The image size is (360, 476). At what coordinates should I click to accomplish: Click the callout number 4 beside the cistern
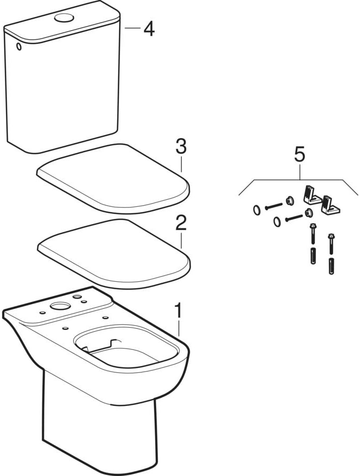pyautogui.click(x=149, y=29)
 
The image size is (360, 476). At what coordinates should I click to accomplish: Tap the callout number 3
pyautogui.click(x=181, y=147)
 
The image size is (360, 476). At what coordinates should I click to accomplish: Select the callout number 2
pyautogui.click(x=181, y=223)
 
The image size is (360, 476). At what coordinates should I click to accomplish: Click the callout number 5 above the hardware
pyautogui.click(x=300, y=155)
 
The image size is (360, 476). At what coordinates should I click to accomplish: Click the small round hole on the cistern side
pyautogui.click(x=19, y=47)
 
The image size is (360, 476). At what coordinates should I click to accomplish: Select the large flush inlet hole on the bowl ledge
pyautogui.click(x=59, y=306)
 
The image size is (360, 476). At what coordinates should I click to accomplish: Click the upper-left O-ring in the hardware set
pyautogui.click(x=257, y=210)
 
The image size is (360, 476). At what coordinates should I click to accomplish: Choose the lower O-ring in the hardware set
pyautogui.click(x=277, y=222)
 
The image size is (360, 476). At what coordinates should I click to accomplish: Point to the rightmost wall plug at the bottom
pyautogui.click(x=331, y=266)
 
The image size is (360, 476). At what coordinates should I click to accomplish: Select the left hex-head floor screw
pyautogui.click(x=313, y=234)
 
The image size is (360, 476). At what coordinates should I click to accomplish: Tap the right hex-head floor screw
pyautogui.click(x=331, y=244)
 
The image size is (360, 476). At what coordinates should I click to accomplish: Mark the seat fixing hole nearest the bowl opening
pyautogui.click(x=65, y=329)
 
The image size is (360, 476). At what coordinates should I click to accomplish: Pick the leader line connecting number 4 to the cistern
pyautogui.click(x=132, y=28)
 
